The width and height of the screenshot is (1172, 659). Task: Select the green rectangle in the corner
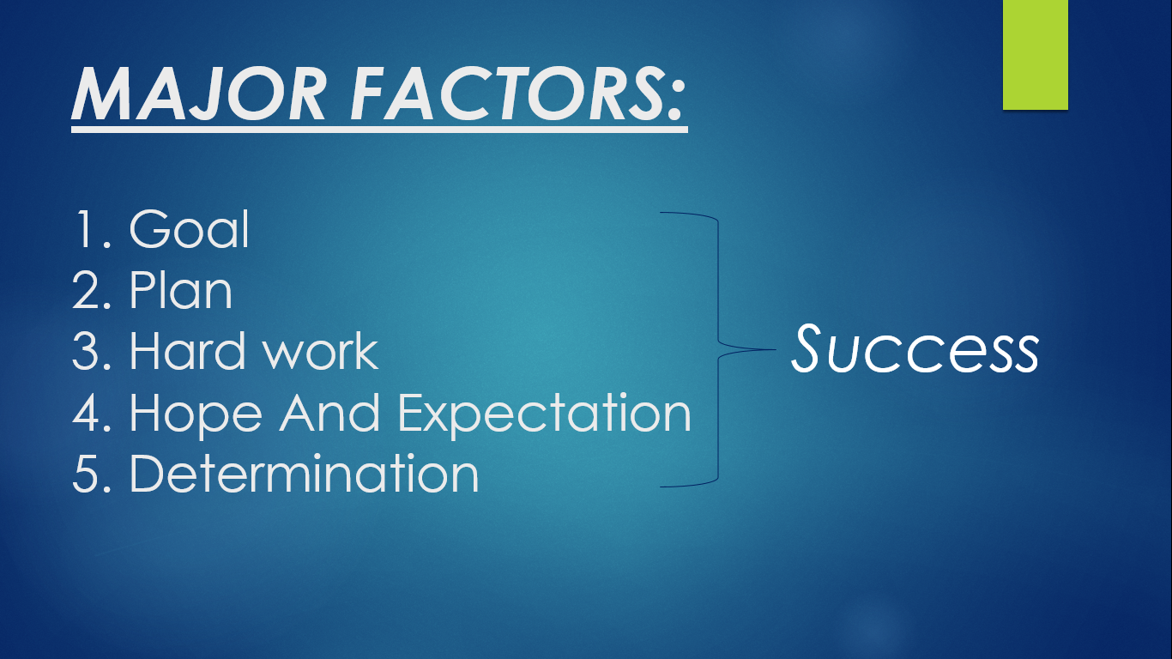point(1035,54)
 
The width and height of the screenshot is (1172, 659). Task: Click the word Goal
point(189,229)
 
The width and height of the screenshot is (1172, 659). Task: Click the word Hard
point(180,351)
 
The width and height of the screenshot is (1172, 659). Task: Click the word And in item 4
point(332,413)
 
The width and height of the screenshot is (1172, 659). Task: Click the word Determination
point(304,474)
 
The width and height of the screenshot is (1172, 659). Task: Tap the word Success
point(915,350)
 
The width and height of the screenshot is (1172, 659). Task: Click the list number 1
point(86,229)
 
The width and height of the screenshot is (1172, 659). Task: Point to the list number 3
point(88,351)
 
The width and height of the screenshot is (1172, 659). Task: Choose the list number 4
point(88,413)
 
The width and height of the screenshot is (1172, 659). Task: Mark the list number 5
point(88,474)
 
